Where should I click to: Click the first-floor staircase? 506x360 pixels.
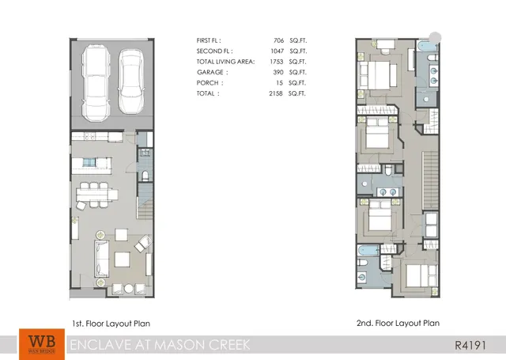(x=145, y=201)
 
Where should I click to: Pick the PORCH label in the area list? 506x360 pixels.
(x=210, y=82)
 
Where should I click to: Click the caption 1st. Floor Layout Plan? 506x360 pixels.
(x=111, y=323)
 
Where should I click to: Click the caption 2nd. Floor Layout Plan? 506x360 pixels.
(x=398, y=323)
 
